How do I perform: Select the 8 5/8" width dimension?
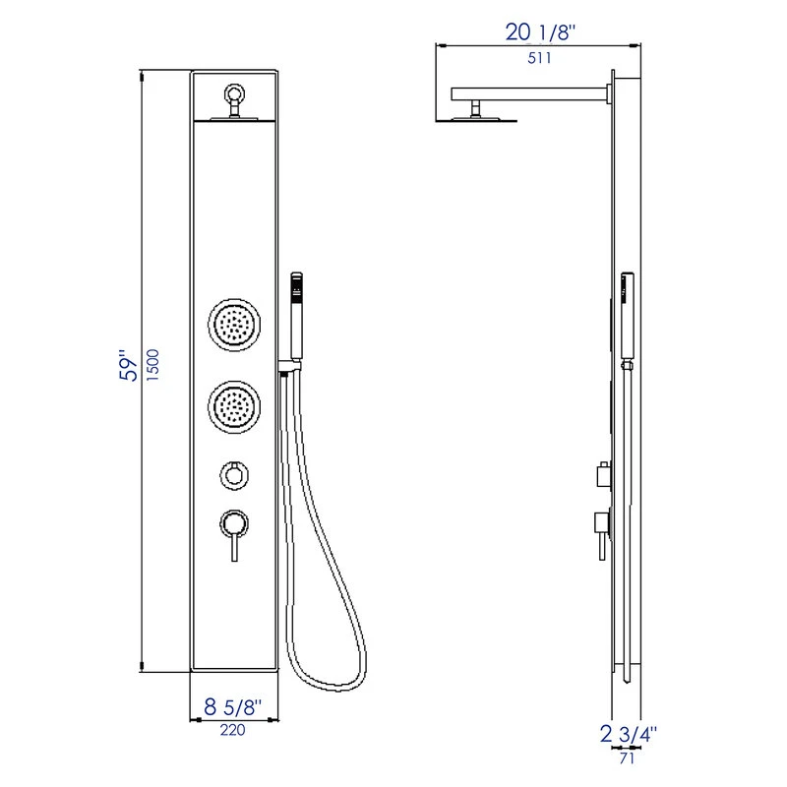point(233,707)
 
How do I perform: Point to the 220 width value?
point(233,730)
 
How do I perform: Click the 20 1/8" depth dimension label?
point(540,31)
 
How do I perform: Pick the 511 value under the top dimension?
point(539,57)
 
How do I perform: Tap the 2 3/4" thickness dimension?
point(629,733)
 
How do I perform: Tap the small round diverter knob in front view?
point(234,475)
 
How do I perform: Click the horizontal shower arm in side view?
point(531,94)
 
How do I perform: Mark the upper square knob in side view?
point(602,477)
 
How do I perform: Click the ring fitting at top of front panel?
point(235,96)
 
